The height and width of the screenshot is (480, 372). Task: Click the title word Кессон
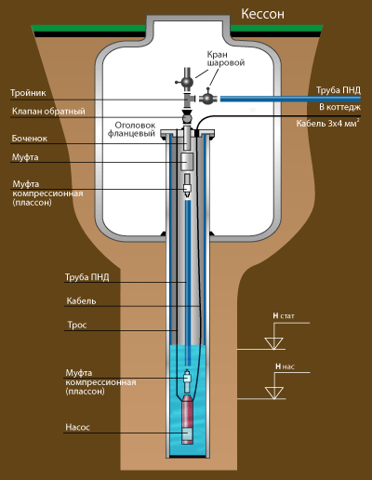click(262, 14)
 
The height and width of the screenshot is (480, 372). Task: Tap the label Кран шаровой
click(226, 59)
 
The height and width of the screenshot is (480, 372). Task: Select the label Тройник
click(28, 93)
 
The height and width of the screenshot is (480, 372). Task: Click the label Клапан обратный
click(48, 111)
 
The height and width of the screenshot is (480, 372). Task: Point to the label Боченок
click(30, 139)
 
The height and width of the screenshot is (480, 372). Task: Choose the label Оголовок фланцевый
click(131, 129)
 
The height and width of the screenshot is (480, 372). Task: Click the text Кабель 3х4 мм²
click(328, 123)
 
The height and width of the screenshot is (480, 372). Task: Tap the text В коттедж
click(340, 107)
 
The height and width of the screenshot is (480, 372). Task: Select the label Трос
click(77, 325)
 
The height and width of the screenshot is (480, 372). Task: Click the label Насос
click(77, 427)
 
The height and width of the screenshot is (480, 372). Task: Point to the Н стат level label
click(284, 316)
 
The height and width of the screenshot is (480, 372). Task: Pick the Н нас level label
click(285, 367)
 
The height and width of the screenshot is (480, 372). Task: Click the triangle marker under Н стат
click(274, 343)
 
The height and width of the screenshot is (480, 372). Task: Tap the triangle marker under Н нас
click(274, 393)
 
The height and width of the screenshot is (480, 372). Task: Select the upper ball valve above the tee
click(187, 81)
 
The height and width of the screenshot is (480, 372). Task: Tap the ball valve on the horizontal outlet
click(206, 98)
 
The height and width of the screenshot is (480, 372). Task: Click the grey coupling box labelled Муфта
click(187, 161)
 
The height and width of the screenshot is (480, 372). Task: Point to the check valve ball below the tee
click(187, 118)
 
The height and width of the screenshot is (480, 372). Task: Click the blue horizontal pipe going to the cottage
click(290, 99)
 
